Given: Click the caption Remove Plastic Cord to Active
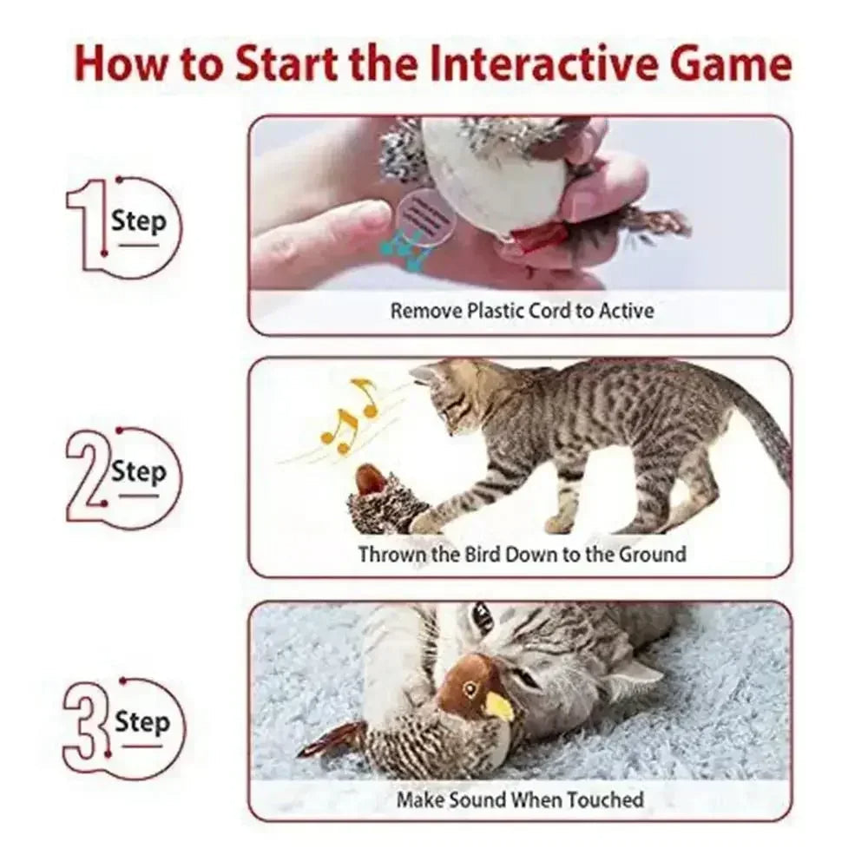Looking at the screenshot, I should pos(521,310).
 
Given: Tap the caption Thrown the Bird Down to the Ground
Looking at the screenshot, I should pos(522,554).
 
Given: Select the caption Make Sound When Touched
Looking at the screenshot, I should pos(520,799).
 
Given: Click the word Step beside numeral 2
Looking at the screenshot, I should pos(138,473).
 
